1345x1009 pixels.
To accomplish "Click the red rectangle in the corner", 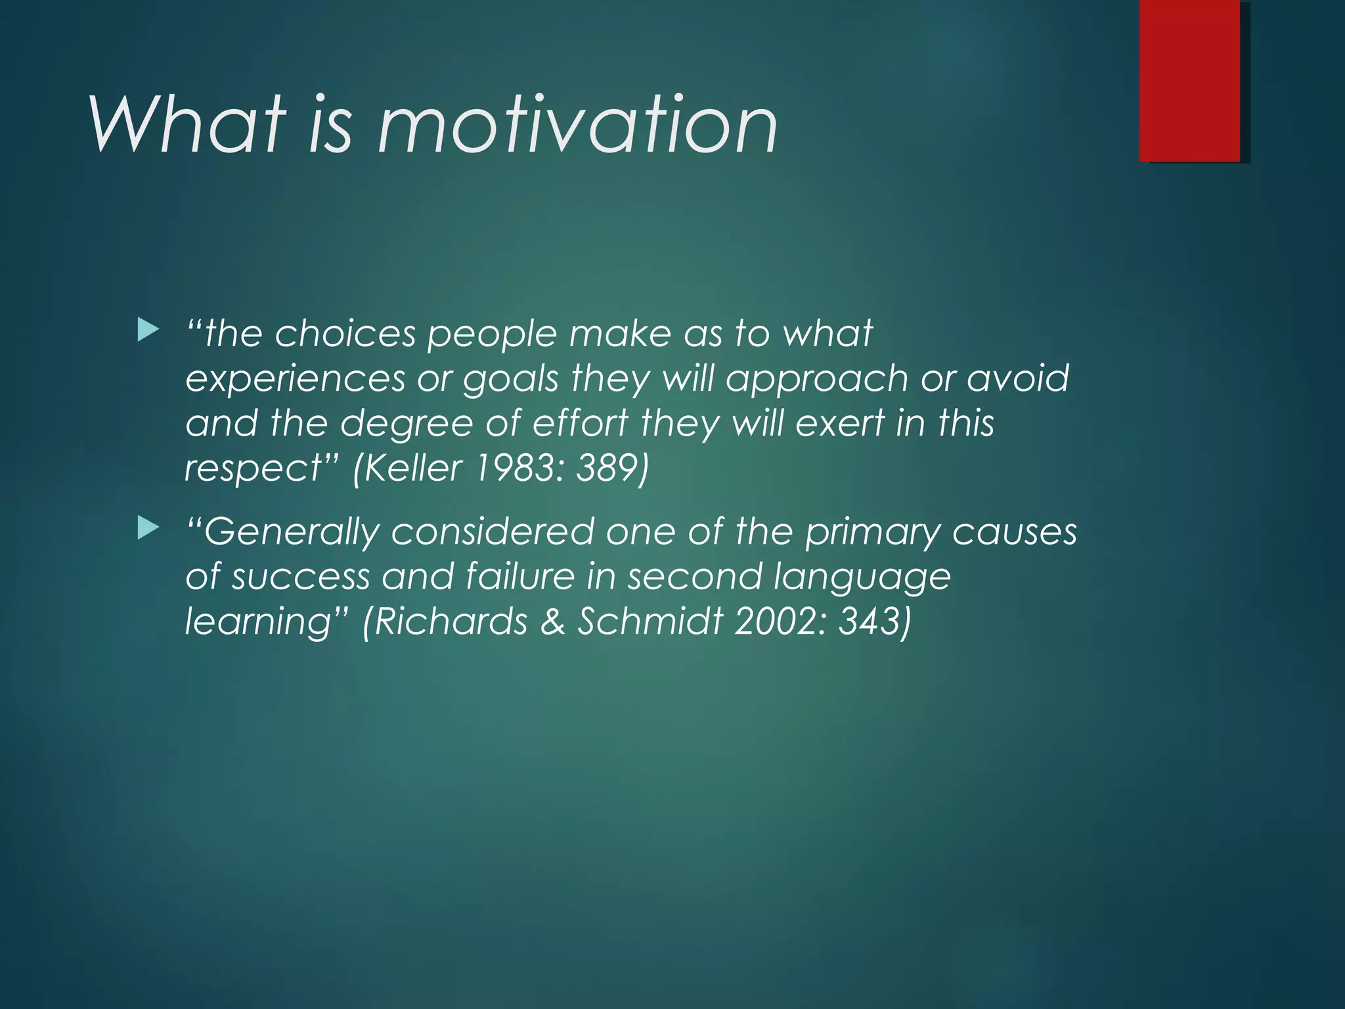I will (1189, 80).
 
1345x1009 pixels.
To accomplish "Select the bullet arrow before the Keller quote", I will (148, 330).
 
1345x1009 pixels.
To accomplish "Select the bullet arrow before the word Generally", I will (148, 527).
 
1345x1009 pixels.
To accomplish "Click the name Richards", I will (451, 621).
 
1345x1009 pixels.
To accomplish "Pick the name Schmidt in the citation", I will (650, 621).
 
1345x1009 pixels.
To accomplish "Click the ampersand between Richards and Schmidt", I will (553, 622).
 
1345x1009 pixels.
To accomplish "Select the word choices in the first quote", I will (345, 334).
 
